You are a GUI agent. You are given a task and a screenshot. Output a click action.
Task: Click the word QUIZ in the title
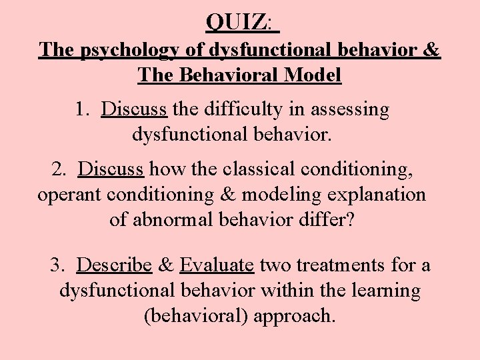pyautogui.click(x=237, y=23)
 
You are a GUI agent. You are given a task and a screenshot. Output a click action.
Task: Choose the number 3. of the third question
pyautogui.click(x=59, y=266)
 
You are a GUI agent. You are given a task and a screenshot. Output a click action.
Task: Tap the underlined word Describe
pyautogui.click(x=115, y=266)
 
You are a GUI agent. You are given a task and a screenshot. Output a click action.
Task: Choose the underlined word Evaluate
pyautogui.click(x=217, y=266)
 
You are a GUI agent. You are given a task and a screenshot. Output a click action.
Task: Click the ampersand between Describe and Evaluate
pyautogui.click(x=166, y=266)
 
